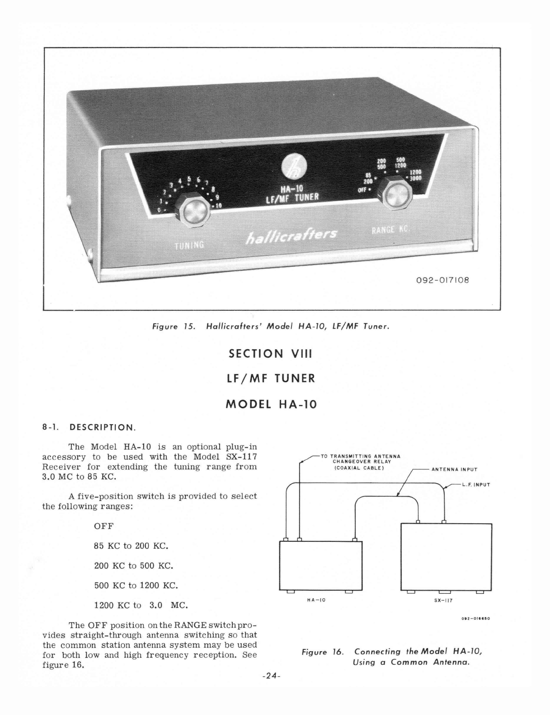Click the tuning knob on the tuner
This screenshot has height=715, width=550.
pyautogui.click(x=194, y=211)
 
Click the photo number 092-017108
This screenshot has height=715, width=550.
pyautogui.click(x=442, y=279)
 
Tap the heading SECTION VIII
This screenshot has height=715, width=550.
pyautogui.click(x=271, y=353)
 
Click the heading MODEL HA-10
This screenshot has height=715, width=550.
pyautogui.click(x=271, y=404)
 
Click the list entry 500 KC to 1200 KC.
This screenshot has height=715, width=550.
pyautogui.click(x=136, y=585)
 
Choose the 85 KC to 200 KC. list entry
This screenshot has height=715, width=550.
pyautogui.click(x=131, y=546)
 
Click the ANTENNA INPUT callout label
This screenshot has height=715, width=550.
pyautogui.click(x=454, y=469)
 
